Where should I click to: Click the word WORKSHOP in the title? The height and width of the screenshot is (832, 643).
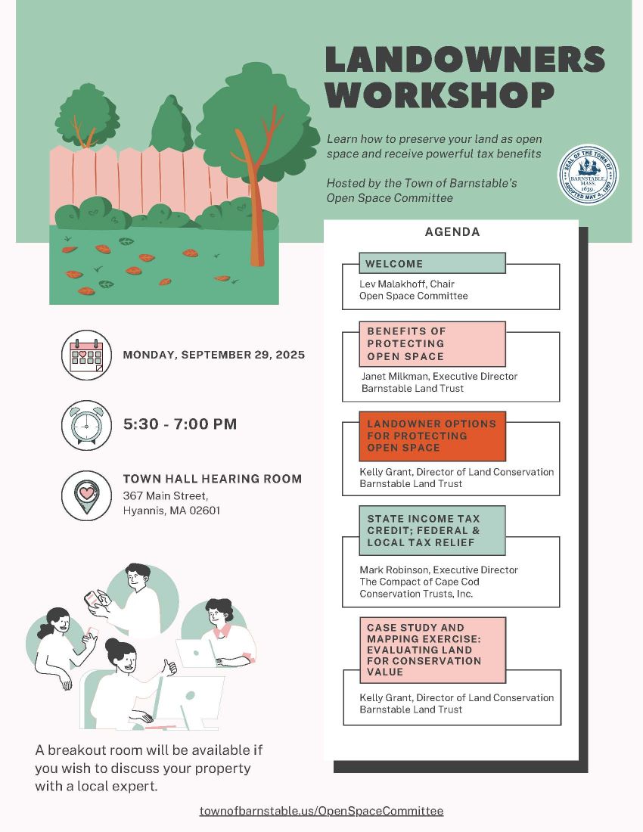(440, 95)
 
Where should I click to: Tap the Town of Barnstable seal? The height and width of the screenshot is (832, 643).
(588, 175)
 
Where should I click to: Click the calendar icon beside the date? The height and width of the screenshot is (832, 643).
(86, 355)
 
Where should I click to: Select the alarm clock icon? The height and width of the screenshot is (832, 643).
(86, 425)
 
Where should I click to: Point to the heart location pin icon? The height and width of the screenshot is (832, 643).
(86, 495)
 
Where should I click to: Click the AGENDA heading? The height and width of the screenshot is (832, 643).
(452, 232)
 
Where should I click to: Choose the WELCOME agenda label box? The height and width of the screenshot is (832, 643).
(433, 263)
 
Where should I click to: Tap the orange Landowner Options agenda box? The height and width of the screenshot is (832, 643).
(433, 436)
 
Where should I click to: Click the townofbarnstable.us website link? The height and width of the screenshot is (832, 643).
(321, 811)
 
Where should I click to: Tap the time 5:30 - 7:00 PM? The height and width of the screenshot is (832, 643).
(180, 424)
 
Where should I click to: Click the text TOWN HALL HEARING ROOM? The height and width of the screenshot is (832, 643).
(213, 479)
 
